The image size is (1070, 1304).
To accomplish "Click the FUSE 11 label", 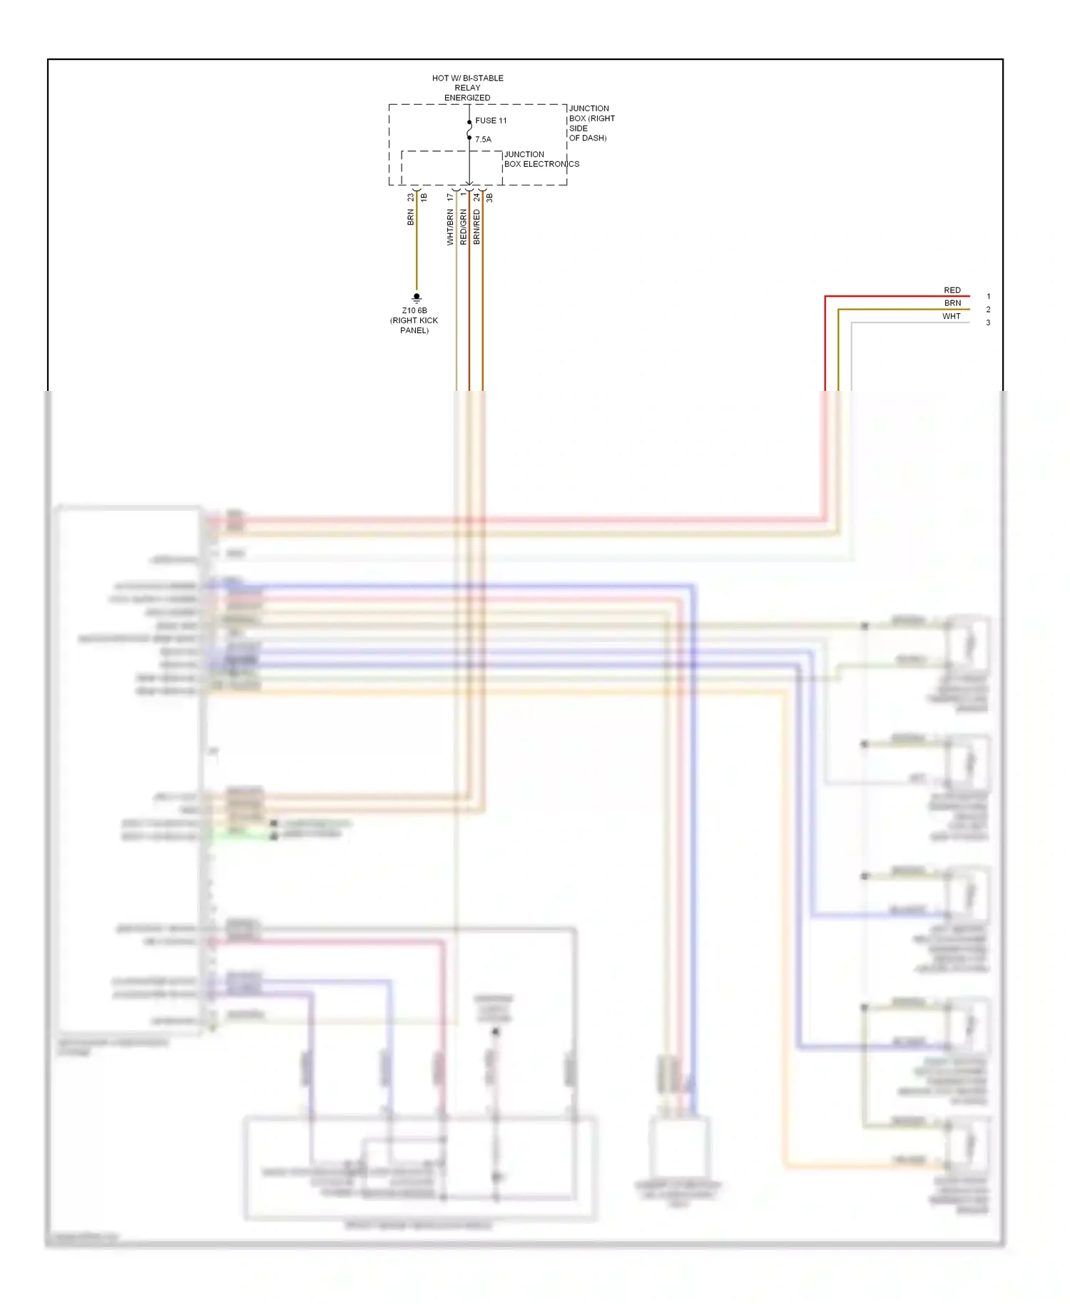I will click(491, 121).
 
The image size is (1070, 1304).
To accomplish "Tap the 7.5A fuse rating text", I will click(483, 140).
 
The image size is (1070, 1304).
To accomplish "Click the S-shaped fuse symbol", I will click(469, 131).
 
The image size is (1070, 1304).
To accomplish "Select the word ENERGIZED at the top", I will click(467, 98).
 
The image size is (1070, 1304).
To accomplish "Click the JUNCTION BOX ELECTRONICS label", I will click(541, 159).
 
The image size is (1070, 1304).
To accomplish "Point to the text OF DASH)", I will click(588, 138).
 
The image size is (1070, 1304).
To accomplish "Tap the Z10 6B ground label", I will click(414, 311).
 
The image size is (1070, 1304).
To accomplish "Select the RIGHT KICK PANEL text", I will click(414, 325).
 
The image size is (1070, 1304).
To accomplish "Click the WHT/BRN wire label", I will click(450, 227).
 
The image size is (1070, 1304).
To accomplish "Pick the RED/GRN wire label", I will click(463, 227).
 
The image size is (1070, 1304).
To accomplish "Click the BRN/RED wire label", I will click(477, 227).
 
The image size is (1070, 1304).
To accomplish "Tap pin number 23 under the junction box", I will click(410, 197).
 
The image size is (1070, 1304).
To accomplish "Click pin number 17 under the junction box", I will click(450, 197).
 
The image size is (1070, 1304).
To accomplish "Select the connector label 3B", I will click(489, 198).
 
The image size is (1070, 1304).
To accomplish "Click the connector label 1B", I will click(424, 198).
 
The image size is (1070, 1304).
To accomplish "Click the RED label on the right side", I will click(952, 290).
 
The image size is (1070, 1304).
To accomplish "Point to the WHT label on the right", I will click(951, 317).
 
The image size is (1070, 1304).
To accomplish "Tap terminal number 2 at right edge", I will click(988, 310).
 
